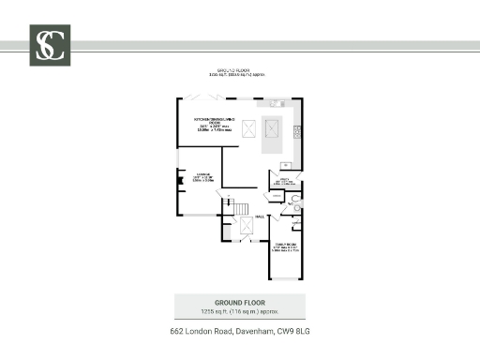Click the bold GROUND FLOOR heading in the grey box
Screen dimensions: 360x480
239,302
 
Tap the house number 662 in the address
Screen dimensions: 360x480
177,333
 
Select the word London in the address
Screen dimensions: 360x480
201,333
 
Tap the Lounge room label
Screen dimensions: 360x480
202,173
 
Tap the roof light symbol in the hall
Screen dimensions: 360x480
247,227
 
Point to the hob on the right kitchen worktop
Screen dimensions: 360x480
297,129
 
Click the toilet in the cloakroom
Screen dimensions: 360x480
295,199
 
